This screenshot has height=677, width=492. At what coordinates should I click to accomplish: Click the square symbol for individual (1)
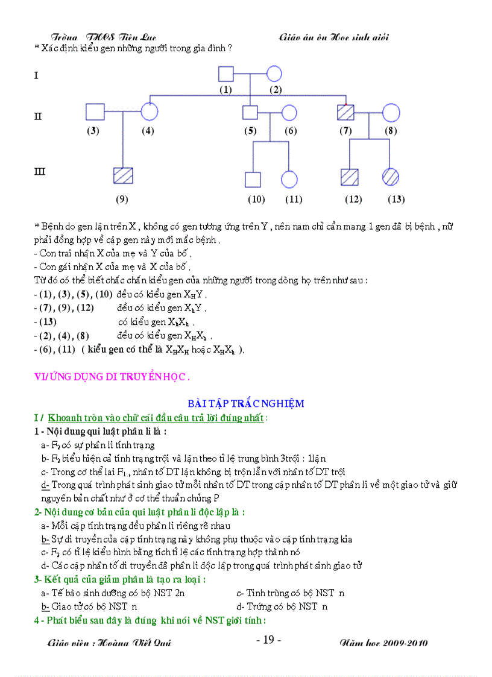coord(225,74)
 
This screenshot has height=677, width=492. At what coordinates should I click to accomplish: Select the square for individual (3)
coord(95,112)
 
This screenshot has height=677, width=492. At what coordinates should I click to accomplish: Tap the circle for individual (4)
coord(149,112)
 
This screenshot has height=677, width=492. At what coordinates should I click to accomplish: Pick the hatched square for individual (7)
coord(345,112)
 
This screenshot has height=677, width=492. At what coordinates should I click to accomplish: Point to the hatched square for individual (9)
coord(122,175)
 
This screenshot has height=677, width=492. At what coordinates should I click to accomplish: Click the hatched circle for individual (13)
coord(391,177)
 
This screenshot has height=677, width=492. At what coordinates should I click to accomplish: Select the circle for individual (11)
coord(289,180)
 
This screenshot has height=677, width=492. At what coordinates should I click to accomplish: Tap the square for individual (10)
coord(253,180)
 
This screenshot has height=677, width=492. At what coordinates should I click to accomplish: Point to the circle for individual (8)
coord(391,112)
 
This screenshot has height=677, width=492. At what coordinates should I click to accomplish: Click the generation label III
coord(40,172)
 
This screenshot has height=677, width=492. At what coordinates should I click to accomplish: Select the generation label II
coord(38,116)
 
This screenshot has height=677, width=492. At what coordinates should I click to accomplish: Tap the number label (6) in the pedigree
coord(291,131)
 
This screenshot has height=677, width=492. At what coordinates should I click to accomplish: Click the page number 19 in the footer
coord(269,640)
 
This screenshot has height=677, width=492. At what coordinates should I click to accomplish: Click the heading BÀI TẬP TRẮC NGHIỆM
coord(246,403)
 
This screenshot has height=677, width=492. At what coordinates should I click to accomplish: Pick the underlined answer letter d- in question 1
coord(45,485)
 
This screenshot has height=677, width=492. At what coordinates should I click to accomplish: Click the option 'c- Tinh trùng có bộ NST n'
coord(291,593)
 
